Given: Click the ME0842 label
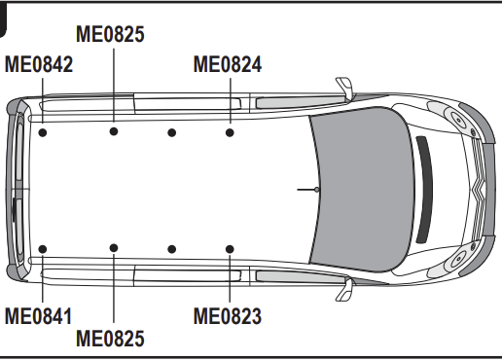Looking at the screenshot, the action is click(x=39, y=64).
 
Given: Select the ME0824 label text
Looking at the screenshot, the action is click(x=228, y=64).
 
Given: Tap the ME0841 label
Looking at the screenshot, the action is click(x=38, y=316).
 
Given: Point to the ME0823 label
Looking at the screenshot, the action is click(x=228, y=316).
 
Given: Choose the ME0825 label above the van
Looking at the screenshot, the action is click(x=110, y=34).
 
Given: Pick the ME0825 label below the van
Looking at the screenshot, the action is click(x=110, y=339).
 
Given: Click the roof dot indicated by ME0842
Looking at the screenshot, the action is click(x=43, y=132).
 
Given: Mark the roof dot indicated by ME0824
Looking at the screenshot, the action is click(x=230, y=132).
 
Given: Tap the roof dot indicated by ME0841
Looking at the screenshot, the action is click(x=43, y=249).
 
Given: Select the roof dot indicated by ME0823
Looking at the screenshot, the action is click(x=230, y=249).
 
